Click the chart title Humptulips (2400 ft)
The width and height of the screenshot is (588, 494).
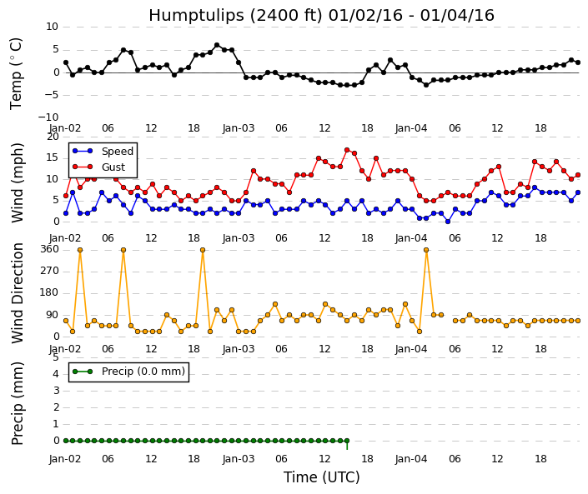[x=235, y=16]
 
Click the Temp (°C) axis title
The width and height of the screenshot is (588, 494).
[x=16, y=74]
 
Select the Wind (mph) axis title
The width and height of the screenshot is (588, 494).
[x=18, y=182]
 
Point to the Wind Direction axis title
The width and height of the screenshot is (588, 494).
[x=18, y=293]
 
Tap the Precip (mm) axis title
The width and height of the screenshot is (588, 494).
[x=18, y=403]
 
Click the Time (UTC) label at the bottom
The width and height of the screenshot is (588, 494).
[x=321, y=477]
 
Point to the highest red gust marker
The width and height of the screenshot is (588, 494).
[x=347, y=150]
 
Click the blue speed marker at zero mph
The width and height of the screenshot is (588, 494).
[x=448, y=222]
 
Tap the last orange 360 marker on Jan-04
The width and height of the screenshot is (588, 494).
[x=426, y=250]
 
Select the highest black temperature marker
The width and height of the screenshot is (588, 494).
[x=217, y=45]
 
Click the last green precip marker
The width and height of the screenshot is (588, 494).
[x=347, y=441]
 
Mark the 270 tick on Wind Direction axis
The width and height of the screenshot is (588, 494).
[x=49, y=271]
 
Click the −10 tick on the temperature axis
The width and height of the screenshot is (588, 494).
[x=48, y=117]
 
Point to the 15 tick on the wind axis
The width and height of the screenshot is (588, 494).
[x=53, y=157]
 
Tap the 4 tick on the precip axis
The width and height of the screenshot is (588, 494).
[x=56, y=374]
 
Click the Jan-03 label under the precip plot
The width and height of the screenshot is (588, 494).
[x=239, y=459]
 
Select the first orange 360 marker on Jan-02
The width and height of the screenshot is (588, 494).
[x=80, y=250]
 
